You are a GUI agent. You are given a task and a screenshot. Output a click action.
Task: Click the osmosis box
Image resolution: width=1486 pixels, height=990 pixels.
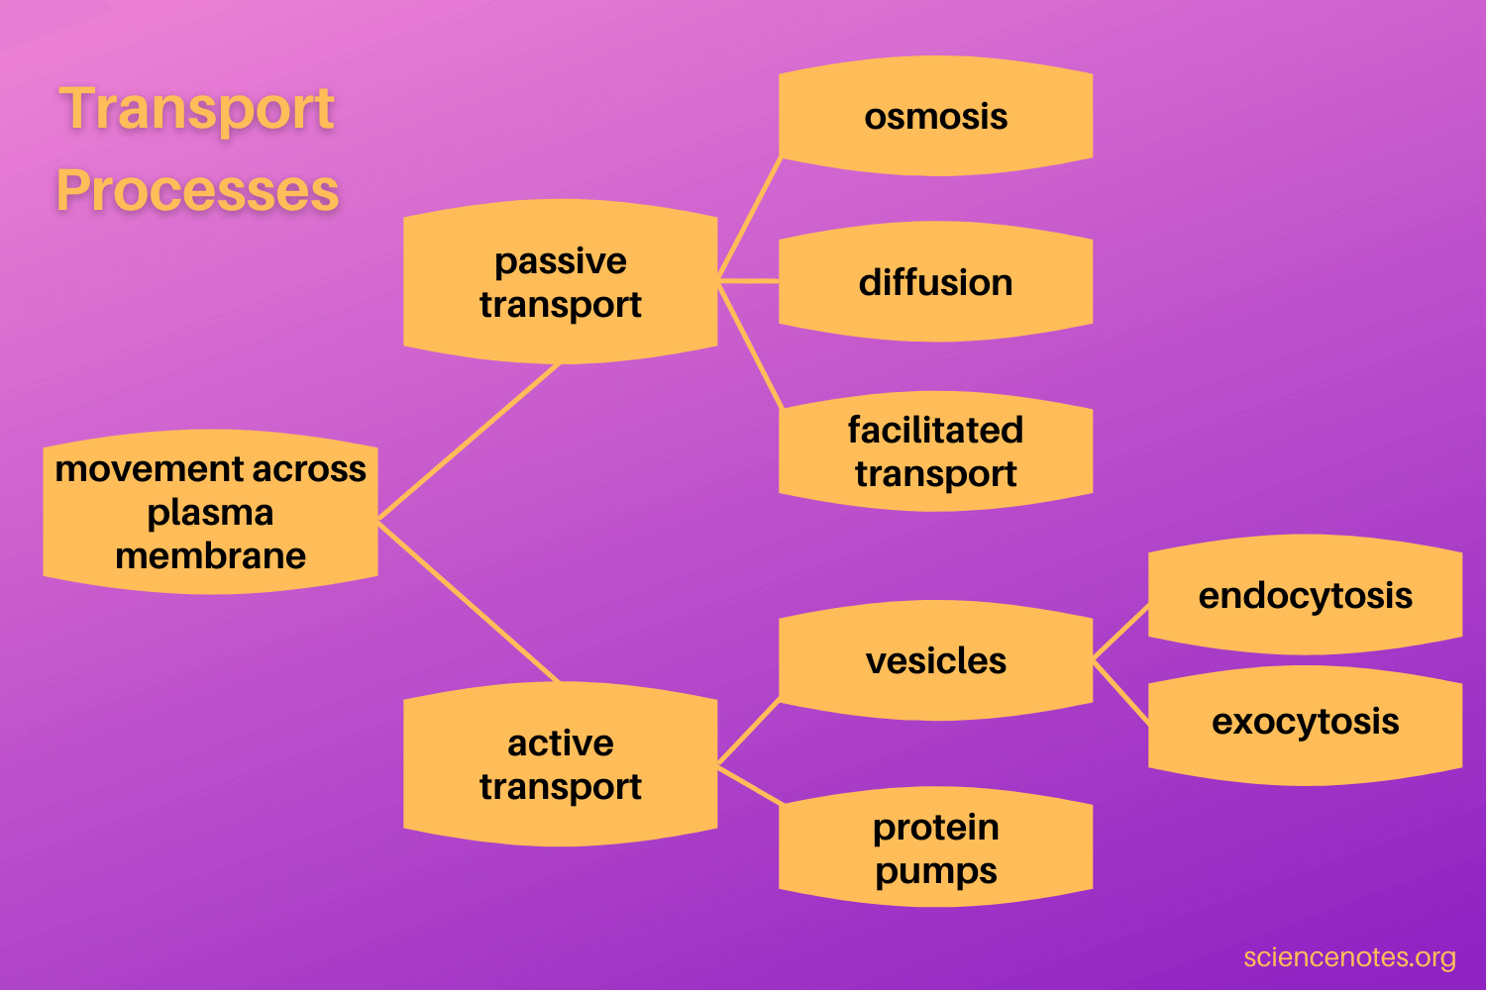click(x=935, y=116)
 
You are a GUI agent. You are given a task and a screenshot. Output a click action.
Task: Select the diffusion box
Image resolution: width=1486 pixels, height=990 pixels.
click(x=935, y=282)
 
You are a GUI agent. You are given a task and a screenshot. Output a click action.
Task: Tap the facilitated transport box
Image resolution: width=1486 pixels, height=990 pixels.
click(x=935, y=451)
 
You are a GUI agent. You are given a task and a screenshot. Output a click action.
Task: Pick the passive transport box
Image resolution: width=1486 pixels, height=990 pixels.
click(x=560, y=282)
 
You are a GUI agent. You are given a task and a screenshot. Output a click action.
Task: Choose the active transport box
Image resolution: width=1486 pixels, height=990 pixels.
click(x=560, y=763)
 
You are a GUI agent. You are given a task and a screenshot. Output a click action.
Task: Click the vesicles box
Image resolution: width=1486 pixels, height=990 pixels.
click(x=935, y=660)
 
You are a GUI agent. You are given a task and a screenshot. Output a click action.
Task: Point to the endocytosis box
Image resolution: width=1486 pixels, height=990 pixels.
click(x=1305, y=595)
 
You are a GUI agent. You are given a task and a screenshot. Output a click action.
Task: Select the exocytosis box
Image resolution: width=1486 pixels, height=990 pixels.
click(x=1305, y=722)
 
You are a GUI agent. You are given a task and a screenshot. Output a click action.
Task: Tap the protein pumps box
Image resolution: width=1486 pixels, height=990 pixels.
click(x=935, y=848)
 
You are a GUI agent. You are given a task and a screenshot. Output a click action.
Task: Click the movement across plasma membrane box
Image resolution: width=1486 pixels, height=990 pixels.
click(x=210, y=512)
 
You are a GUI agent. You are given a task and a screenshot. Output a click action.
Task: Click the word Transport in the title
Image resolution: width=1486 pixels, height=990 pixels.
click(x=197, y=108)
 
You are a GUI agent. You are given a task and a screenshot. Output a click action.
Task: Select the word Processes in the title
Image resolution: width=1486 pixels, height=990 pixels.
click(x=197, y=190)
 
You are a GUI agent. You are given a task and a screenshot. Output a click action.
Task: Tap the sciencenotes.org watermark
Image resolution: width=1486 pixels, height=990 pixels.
click(x=1349, y=957)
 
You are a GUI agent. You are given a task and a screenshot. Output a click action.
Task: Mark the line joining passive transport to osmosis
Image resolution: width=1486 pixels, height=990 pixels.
click(x=750, y=218)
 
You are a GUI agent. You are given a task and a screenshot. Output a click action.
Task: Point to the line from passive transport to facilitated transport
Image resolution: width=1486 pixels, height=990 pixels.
click(x=750, y=345)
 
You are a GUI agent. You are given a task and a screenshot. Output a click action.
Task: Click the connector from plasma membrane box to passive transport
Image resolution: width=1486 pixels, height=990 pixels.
click(x=470, y=442)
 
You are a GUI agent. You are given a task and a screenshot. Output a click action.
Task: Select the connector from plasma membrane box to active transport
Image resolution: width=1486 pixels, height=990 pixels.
click(x=470, y=602)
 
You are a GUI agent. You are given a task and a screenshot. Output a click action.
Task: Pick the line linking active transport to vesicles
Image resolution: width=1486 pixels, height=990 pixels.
click(x=749, y=733)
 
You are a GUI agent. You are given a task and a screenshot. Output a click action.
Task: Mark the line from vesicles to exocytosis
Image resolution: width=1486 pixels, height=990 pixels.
click(x=1121, y=693)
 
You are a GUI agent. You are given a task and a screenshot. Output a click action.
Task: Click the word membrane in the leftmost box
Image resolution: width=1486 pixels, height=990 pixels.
click(x=210, y=556)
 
